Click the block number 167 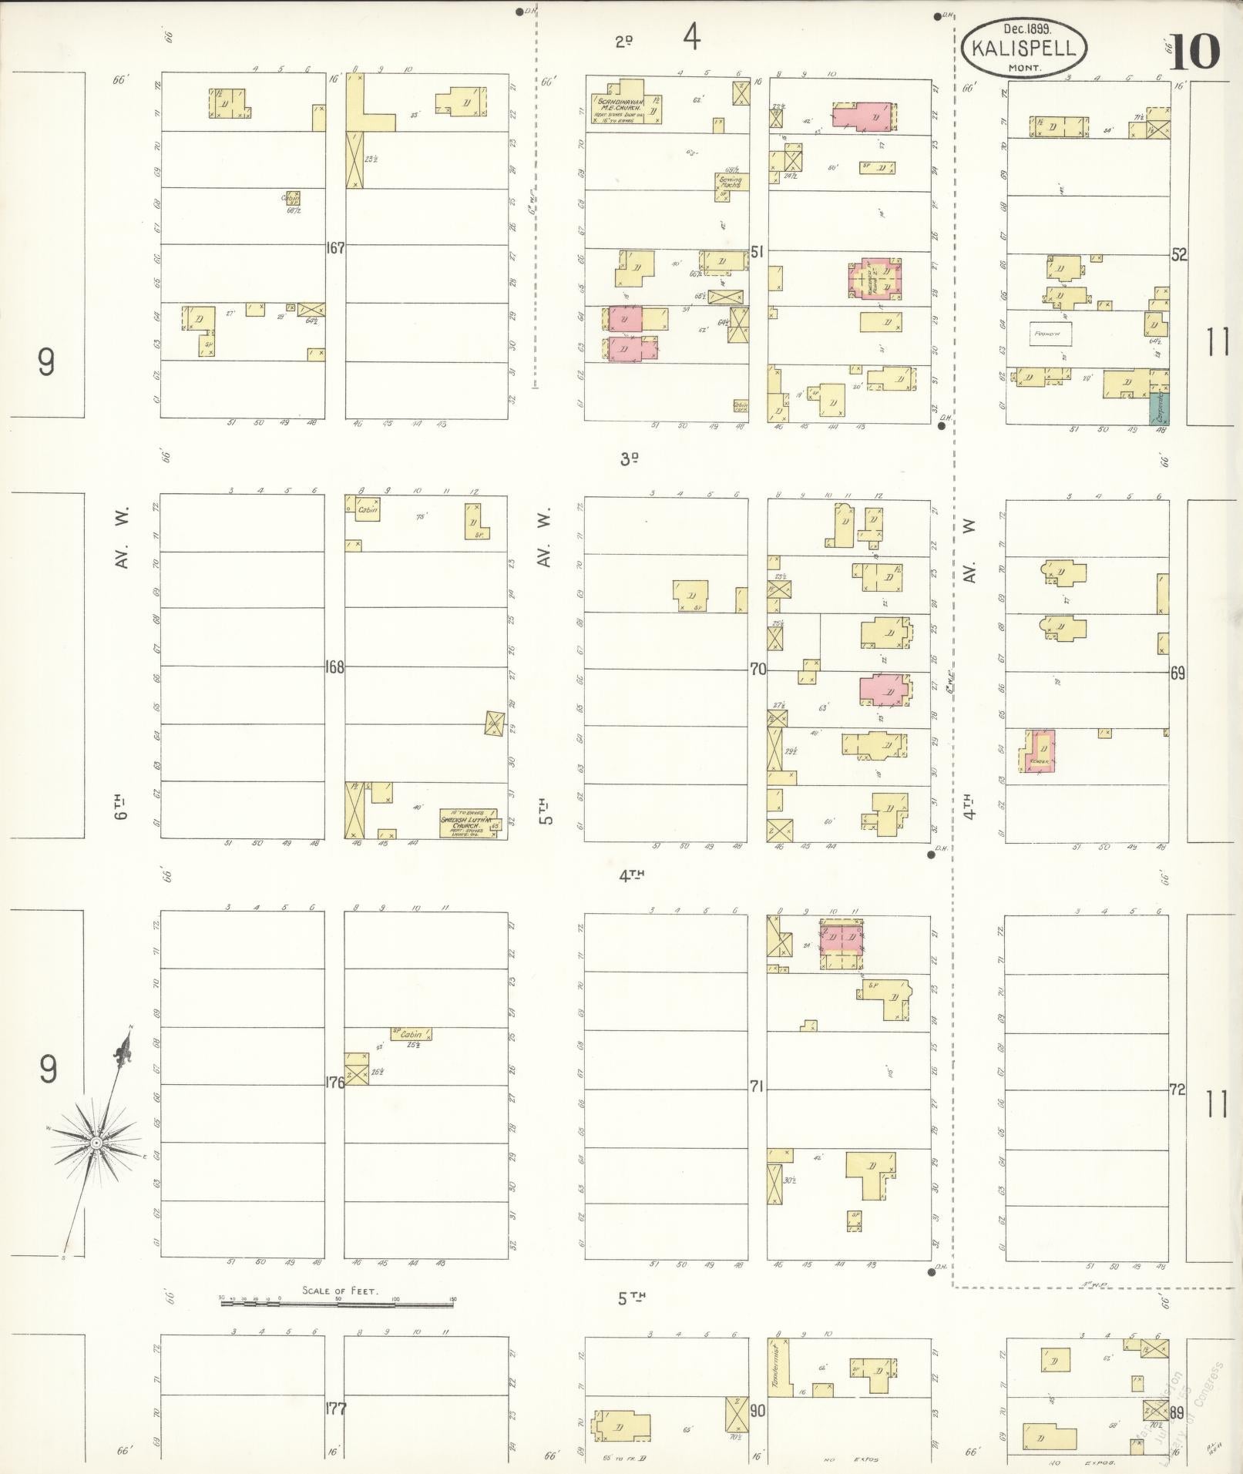click(334, 248)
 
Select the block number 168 click(334, 666)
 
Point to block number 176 click(334, 1082)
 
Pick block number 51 click(758, 251)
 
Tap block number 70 click(758, 670)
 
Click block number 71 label click(758, 1086)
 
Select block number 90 click(758, 1411)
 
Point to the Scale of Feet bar click(337, 1301)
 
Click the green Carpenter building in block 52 click(1158, 408)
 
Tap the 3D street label click(629, 459)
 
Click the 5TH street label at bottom click(630, 1298)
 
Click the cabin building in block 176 click(410, 1034)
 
